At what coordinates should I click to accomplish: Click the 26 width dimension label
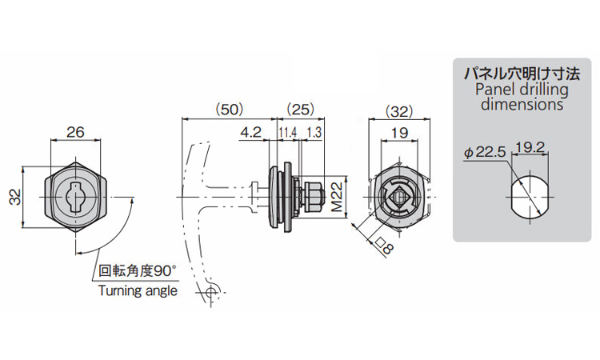[75, 132]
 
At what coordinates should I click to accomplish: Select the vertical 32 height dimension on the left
[15, 198]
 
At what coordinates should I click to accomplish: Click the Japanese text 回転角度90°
[138, 271]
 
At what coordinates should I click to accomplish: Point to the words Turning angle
[138, 290]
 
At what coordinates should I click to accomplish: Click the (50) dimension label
[230, 110]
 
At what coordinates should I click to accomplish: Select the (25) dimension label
[300, 110]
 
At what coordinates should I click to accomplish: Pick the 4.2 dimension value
[250, 132]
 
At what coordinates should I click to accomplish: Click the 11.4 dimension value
[288, 133]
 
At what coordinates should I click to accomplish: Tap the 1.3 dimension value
[314, 133]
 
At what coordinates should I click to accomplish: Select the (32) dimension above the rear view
[399, 111]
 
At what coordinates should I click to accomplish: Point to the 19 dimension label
[399, 133]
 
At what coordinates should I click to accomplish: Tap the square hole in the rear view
[398, 198]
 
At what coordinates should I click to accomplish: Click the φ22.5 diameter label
[485, 152]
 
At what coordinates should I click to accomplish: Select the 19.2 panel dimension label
[530, 147]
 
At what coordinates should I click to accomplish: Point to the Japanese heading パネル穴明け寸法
[522, 73]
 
